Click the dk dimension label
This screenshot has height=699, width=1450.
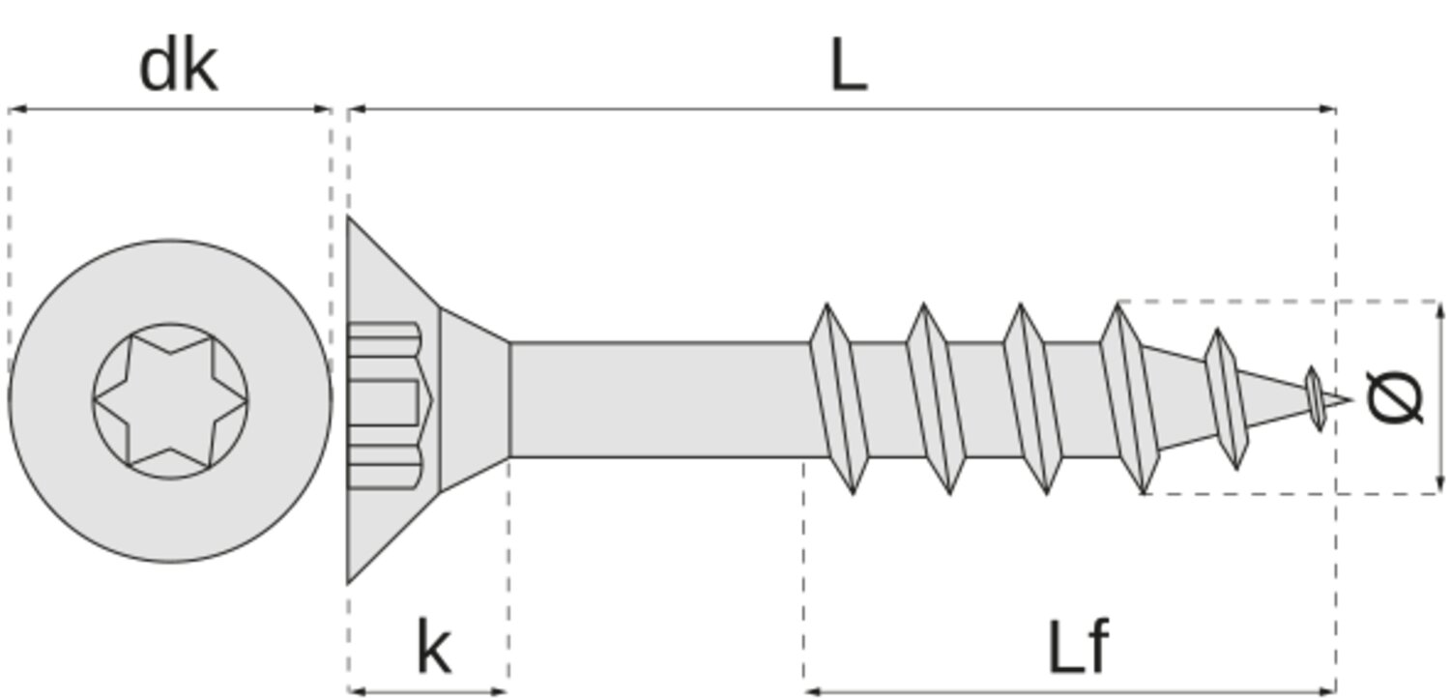click(178, 67)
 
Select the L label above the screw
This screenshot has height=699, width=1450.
click(848, 68)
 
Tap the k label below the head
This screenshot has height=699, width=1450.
click(433, 648)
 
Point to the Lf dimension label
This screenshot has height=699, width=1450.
click(1078, 648)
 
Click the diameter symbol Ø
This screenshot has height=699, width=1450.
click(1396, 397)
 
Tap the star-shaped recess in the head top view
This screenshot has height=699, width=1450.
click(170, 400)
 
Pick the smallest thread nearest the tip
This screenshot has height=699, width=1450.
click(1314, 397)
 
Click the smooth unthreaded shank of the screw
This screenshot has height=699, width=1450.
click(657, 398)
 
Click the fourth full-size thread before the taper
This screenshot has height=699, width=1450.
click(1128, 398)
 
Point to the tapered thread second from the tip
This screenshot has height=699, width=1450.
click(1226, 398)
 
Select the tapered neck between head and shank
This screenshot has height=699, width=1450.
click(475, 398)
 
